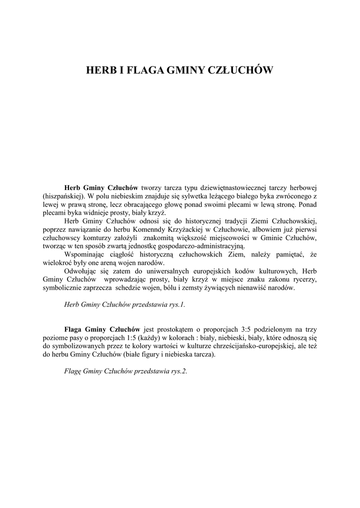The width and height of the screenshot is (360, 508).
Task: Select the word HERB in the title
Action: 99,70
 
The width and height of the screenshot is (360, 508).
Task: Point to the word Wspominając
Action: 85,254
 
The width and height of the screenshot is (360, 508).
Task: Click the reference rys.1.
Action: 176,304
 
